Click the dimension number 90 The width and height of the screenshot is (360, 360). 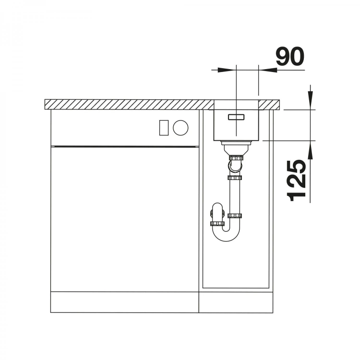click(290, 56)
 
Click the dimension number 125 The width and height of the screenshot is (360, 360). click(297, 180)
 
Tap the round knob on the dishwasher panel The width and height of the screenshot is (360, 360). click(180, 128)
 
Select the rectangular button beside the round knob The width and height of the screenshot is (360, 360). click(164, 128)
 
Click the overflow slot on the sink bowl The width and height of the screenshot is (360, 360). click(236, 117)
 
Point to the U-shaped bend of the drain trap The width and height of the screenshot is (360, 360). click(227, 234)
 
